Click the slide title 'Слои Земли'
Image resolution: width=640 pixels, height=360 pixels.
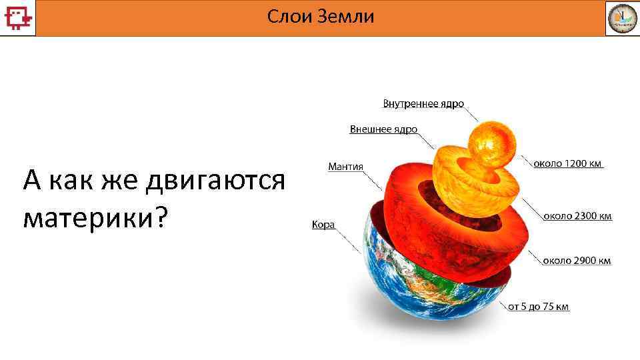pyautogui.click(x=321, y=17)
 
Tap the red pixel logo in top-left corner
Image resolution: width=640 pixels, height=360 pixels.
pyautogui.click(x=17, y=17)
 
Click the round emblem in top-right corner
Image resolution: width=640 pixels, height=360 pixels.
pyautogui.click(x=621, y=18)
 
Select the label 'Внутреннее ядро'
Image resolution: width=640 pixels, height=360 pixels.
pyautogui.click(x=423, y=104)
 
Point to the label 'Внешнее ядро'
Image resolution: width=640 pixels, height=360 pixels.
pyautogui.click(x=383, y=129)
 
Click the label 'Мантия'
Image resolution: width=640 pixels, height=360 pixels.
pyautogui.click(x=345, y=166)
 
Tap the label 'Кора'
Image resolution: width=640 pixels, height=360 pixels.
pyautogui.click(x=323, y=225)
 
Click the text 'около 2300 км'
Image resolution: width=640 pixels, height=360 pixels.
pyautogui.click(x=577, y=216)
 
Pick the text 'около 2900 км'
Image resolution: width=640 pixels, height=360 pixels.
pyautogui.click(x=576, y=261)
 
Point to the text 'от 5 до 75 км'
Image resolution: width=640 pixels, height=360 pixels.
pyautogui.click(x=539, y=307)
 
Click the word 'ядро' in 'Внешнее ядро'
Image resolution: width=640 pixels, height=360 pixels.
pyautogui.click(x=404, y=129)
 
